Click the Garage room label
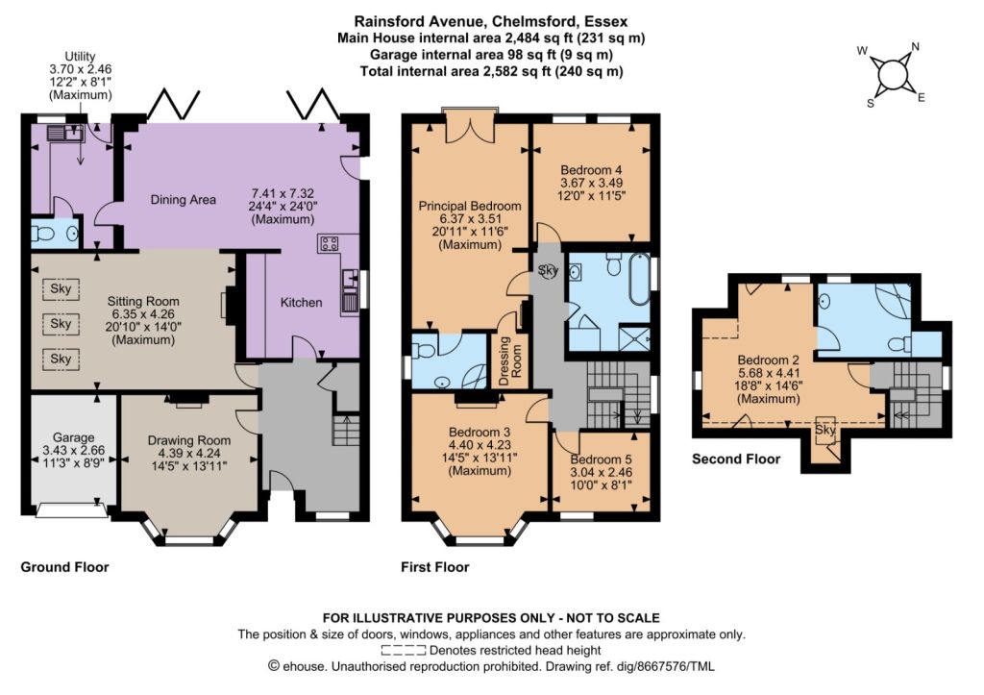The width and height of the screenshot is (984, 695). pyautogui.click(x=73, y=437)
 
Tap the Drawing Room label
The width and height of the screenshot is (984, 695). pyautogui.click(x=189, y=440)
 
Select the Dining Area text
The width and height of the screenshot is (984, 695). pyautogui.click(x=184, y=200)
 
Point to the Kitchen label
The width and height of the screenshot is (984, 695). pyautogui.click(x=301, y=302)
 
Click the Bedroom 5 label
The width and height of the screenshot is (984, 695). pyautogui.click(x=602, y=459)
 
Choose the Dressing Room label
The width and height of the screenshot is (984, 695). pyautogui.click(x=510, y=360)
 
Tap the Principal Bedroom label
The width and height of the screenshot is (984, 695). pyautogui.click(x=470, y=206)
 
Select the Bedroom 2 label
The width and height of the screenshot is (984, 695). pyautogui.click(x=768, y=360)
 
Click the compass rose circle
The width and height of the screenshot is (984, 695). pyautogui.click(x=891, y=75)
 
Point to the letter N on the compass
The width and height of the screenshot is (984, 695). pyautogui.click(x=915, y=46)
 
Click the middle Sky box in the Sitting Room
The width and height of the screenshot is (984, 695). pyautogui.click(x=61, y=324)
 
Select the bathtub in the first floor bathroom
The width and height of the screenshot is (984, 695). pyautogui.click(x=641, y=279)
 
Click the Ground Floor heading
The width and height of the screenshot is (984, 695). pyautogui.click(x=64, y=567)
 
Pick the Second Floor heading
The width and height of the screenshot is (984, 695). pyautogui.click(x=736, y=459)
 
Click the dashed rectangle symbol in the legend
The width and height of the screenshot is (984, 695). pyautogui.click(x=403, y=651)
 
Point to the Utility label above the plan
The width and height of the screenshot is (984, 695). pyautogui.click(x=81, y=57)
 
